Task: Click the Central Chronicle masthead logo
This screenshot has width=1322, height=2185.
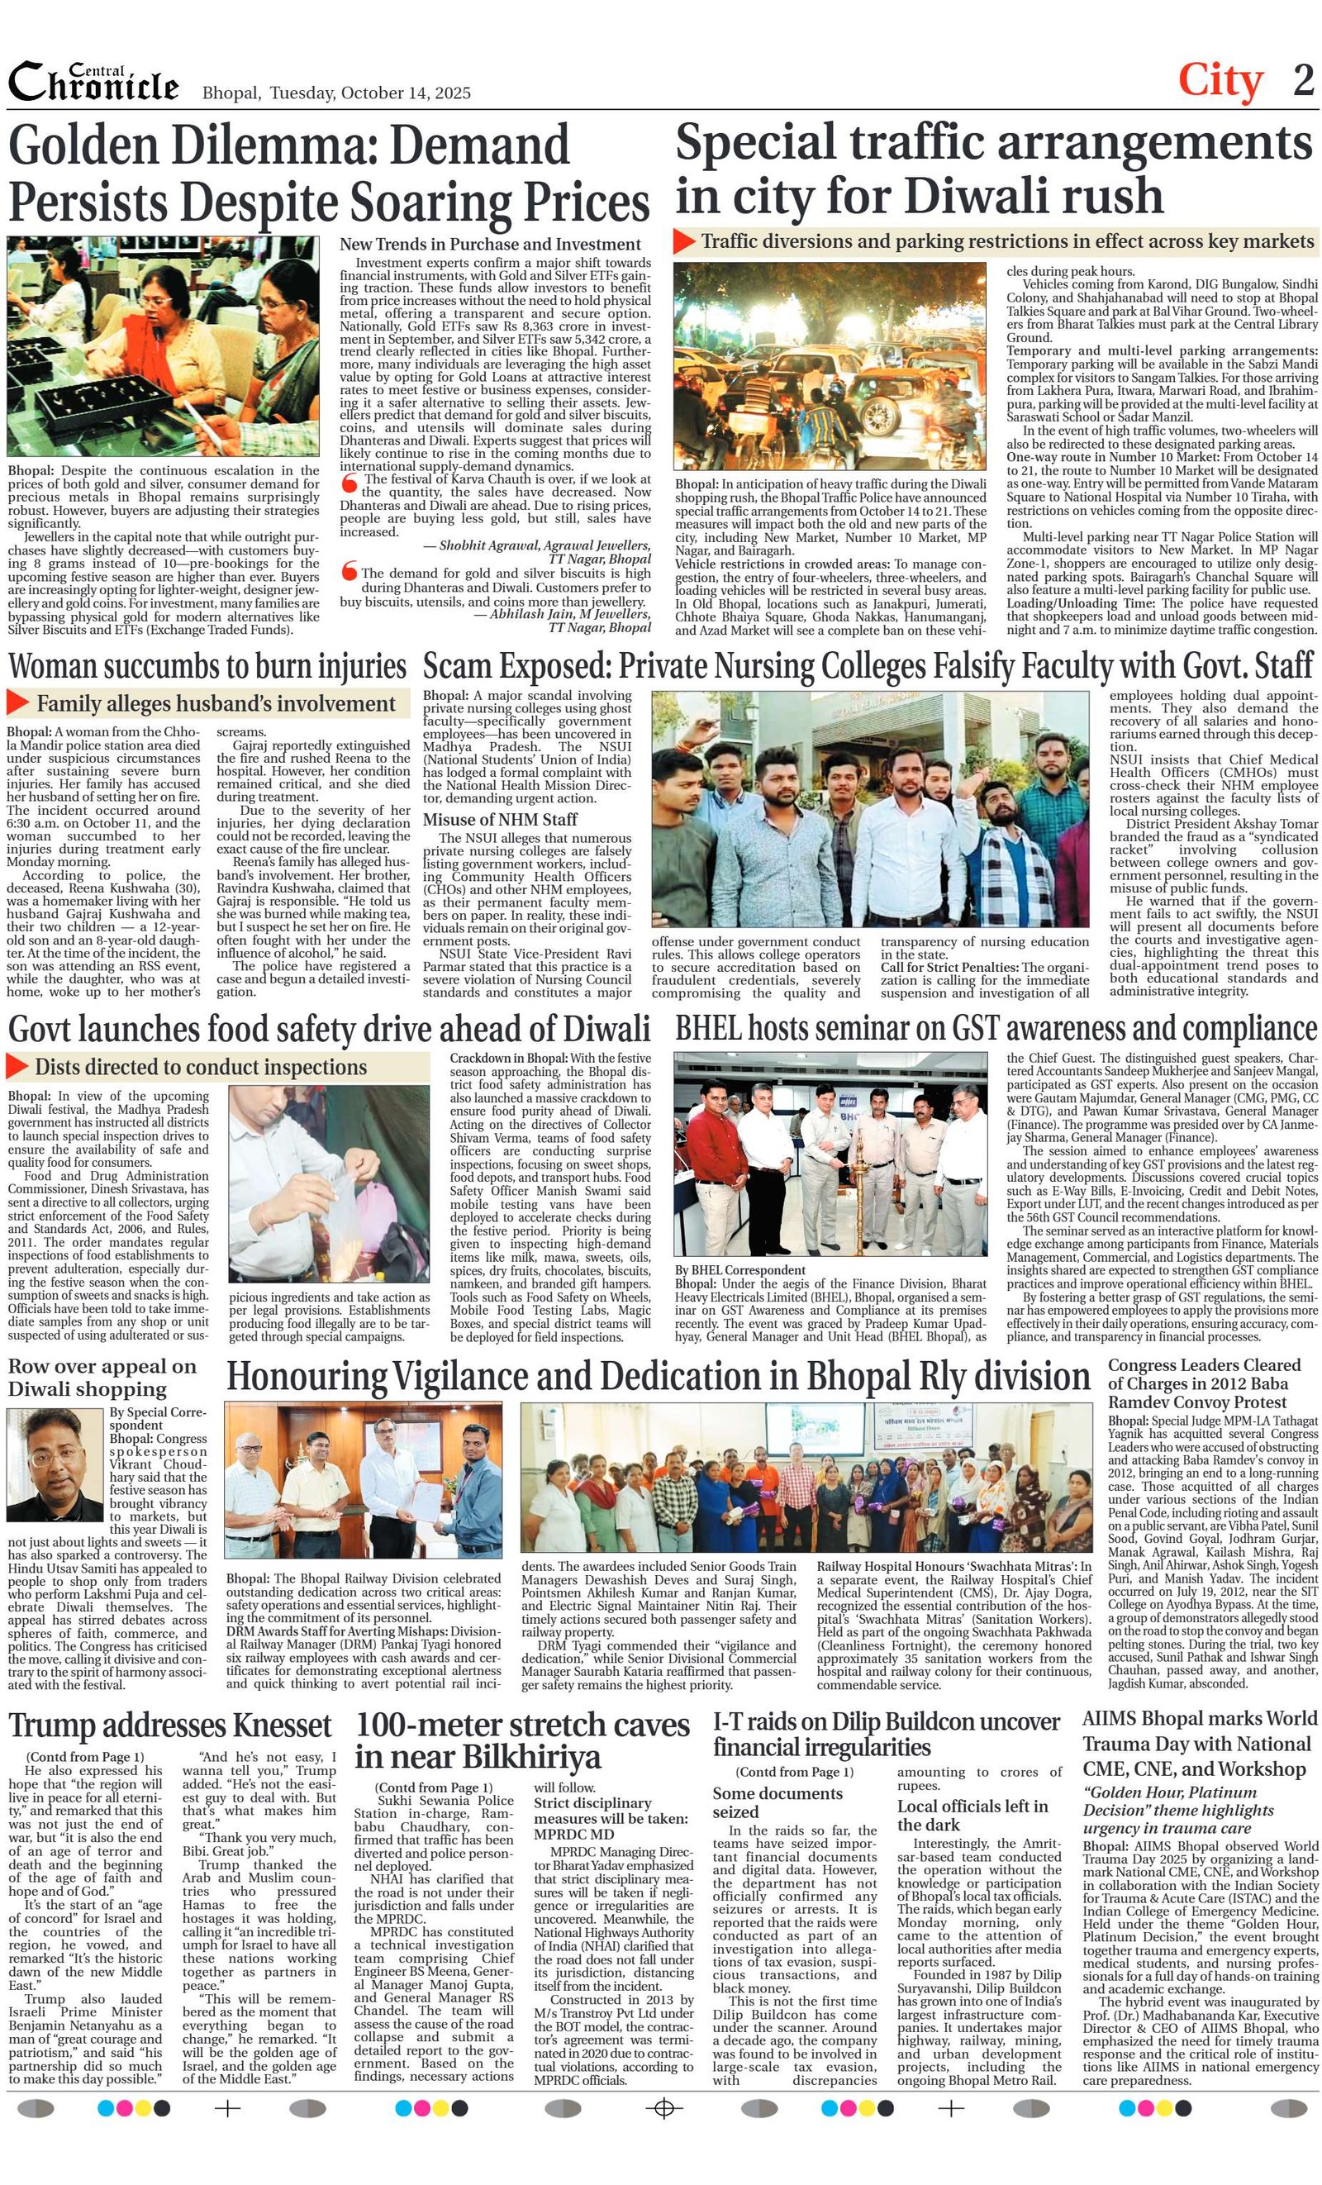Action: pyautogui.click(x=93, y=83)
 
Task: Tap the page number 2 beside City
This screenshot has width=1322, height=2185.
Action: pyautogui.click(x=1302, y=81)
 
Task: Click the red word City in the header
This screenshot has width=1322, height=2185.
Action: pyautogui.click(x=1220, y=82)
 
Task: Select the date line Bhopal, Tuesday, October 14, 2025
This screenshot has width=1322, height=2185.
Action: pyautogui.click(x=336, y=93)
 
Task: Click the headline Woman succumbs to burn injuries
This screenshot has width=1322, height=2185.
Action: pyautogui.click(x=207, y=666)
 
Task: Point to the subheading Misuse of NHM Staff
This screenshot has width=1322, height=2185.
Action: pyautogui.click(x=499, y=820)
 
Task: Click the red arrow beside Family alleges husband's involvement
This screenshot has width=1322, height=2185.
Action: pyautogui.click(x=17, y=702)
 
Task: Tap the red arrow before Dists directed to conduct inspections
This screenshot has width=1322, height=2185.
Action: pyautogui.click(x=17, y=1066)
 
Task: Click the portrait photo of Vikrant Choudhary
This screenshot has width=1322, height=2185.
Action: pyautogui.click(x=55, y=1464)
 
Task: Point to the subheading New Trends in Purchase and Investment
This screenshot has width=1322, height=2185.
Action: pyautogui.click(x=489, y=244)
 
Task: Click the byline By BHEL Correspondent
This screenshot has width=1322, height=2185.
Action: pyautogui.click(x=739, y=1270)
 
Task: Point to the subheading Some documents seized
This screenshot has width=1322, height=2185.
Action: pyautogui.click(x=778, y=1802)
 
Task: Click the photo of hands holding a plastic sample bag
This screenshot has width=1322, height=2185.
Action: pyautogui.click(x=328, y=1184)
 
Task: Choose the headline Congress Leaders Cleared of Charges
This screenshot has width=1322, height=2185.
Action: pyautogui.click(x=1203, y=1383)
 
